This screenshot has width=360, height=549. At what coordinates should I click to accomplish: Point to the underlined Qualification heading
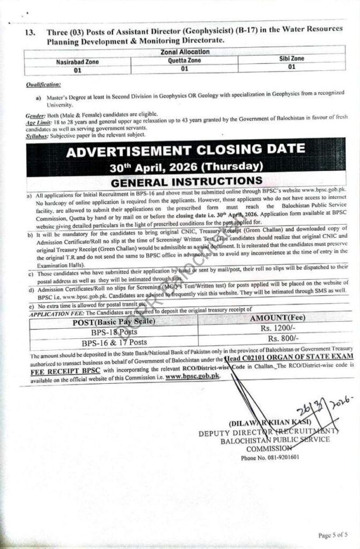point(43,85)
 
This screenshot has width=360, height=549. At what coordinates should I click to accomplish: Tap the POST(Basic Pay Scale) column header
point(113,322)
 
